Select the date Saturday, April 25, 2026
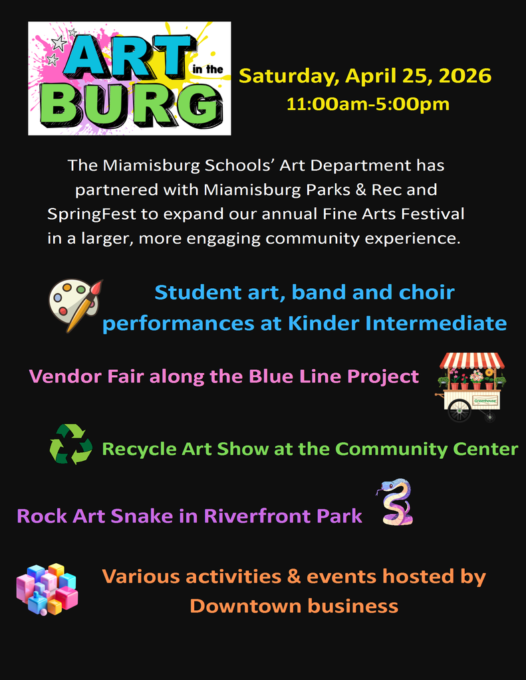click(x=365, y=76)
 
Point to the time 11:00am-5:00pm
click(x=368, y=104)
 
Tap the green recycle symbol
click(x=70, y=444)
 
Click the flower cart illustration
click(x=471, y=387)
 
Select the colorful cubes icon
click(x=47, y=589)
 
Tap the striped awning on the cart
click(x=471, y=361)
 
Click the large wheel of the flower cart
click(x=459, y=410)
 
